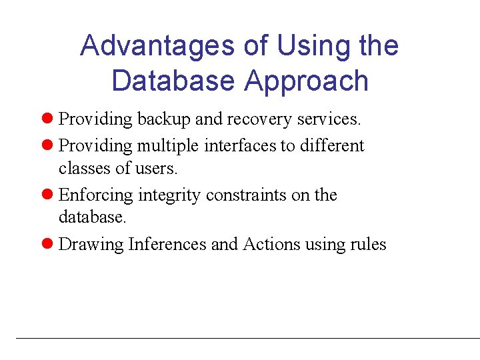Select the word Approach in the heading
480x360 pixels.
[x=306, y=81]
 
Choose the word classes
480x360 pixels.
[x=85, y=169]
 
